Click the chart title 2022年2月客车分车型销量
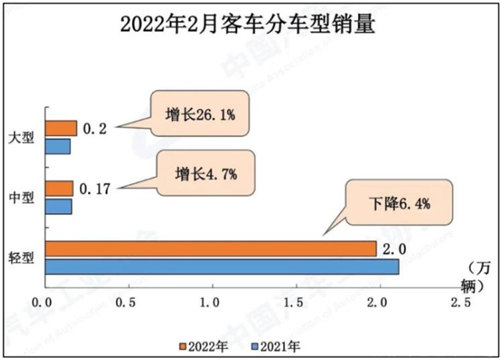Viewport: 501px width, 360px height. click(x=250, y=23)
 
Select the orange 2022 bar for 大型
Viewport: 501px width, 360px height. click(x=60, y=128)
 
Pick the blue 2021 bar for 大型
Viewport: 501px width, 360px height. click(x=57, y=146)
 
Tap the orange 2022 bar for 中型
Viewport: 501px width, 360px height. click(x=58, y=188)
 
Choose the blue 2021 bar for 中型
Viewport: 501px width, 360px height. click(x=58, y=205)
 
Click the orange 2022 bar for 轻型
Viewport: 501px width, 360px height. click(x=210, y=249)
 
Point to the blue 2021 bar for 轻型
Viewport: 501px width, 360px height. click(x=221, y=266)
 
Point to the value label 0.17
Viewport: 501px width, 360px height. click(x=95, y=188)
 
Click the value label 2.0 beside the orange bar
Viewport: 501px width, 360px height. click(x=394, y=249)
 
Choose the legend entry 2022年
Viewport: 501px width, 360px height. click(x=209, y=344)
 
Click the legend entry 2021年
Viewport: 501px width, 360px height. click(x=281, y=344)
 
